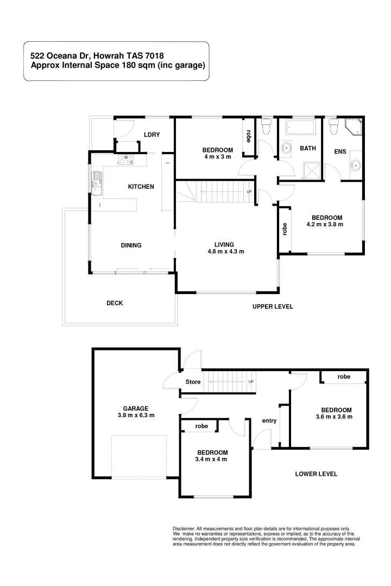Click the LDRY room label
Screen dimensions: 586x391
click(152, 135)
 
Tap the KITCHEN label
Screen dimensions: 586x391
click(141, 187)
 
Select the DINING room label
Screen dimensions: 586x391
click(131, 245)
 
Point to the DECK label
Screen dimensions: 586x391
click(115, 303)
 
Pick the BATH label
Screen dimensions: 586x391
click(308, 148)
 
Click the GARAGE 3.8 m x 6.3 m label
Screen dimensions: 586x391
click(136, 412)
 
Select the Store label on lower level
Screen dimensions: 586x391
click(193, 382)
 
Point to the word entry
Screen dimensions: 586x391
click(269, 421)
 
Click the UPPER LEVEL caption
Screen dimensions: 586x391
click(273, 307)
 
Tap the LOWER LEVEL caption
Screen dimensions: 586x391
click(316, 474)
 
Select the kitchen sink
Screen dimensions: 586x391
click(98, 181)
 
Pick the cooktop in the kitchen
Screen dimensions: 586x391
click(126, 160)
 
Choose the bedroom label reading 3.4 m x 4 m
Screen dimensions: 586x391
click(212, 456)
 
